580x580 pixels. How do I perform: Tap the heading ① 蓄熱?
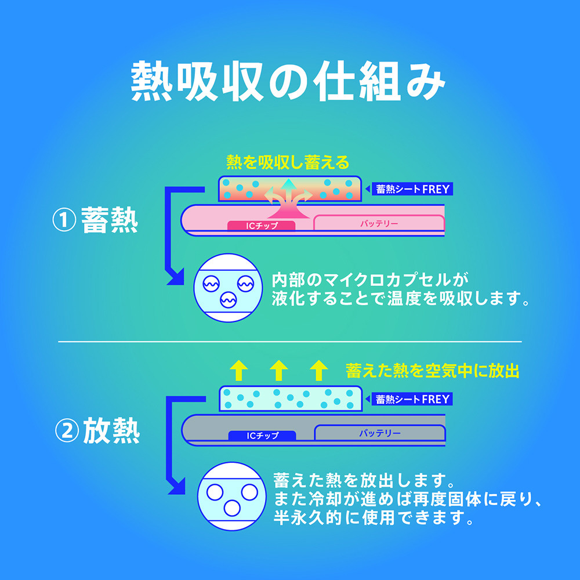[96, 221]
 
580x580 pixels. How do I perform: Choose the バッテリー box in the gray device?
[380, 433]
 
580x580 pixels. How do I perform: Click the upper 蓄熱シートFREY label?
[411, 189]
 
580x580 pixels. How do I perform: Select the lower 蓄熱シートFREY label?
[411, 399]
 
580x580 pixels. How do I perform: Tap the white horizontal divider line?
[290, 342]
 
